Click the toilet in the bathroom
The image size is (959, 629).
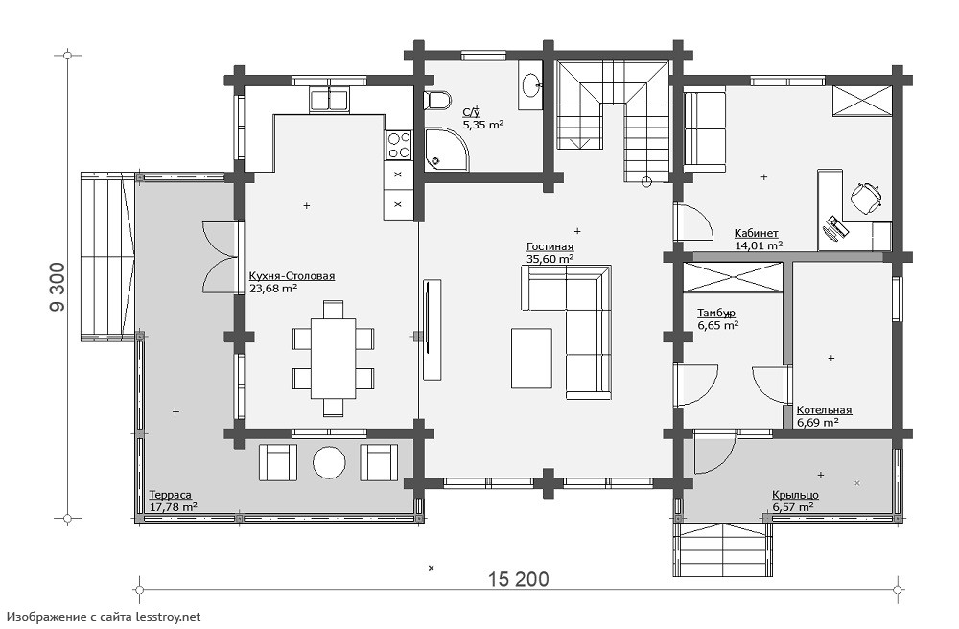pos(438,100)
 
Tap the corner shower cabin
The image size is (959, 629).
pos(445,149)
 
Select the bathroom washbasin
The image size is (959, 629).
pos(531,84)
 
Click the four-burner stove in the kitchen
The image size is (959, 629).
pos(399,145)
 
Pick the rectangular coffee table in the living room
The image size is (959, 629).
pos(532,359)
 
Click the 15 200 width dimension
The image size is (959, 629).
pos(519,578)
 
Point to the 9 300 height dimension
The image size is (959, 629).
pos(57,287)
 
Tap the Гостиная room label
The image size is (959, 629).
pos(550,247)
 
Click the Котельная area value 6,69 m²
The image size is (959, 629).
pos(817,423)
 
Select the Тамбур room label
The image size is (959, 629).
pos(716,313)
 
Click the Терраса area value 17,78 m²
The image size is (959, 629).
pos(173,506)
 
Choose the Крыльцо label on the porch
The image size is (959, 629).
pos(795,495)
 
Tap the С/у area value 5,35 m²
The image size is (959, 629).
pos(483,125)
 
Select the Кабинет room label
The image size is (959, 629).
pos(756,234)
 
